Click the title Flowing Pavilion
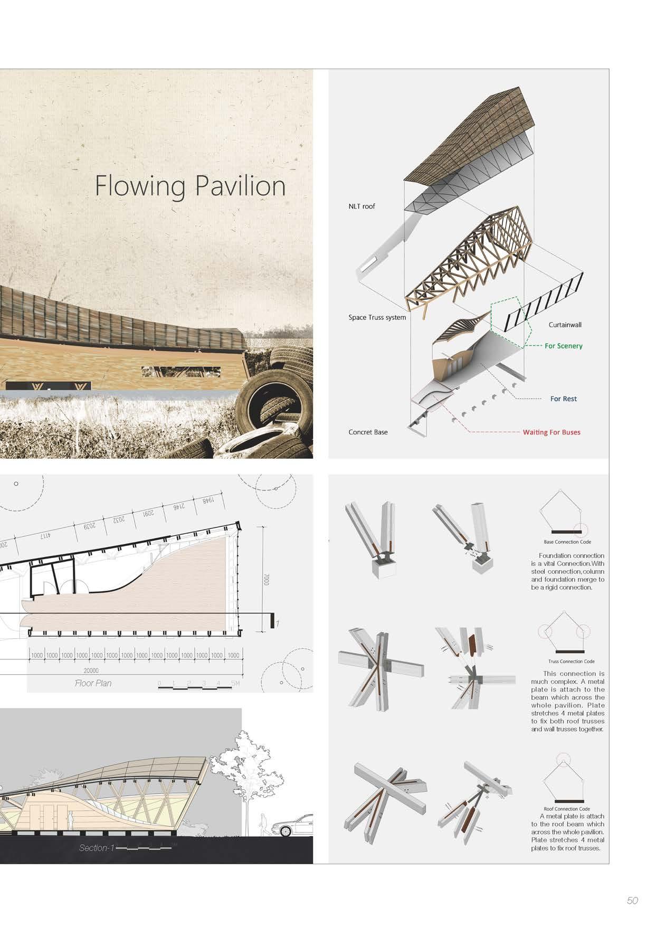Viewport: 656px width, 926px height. coord(190,186)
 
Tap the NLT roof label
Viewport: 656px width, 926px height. coord(362,206)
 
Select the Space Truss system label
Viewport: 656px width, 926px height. coord(377,317)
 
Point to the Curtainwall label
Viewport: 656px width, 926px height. coord(564,325)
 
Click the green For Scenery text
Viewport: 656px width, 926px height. coord(563,346)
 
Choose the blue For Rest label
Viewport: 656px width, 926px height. coord(563,399)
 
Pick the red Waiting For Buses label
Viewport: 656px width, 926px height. coord(551,432)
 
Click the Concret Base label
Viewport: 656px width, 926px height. coord(368,432)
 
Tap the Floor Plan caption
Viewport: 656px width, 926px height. coord(93,683)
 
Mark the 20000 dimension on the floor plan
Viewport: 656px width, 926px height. coord(91,670)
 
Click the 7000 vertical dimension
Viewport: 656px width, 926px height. coord(266,580)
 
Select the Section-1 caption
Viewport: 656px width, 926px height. coord(97,848)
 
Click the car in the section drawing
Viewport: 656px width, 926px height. coord(292,825)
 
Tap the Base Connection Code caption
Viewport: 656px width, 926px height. coord(567,542)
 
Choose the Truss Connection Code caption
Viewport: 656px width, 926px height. coord(571,661)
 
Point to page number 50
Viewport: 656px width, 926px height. coord(632,901)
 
